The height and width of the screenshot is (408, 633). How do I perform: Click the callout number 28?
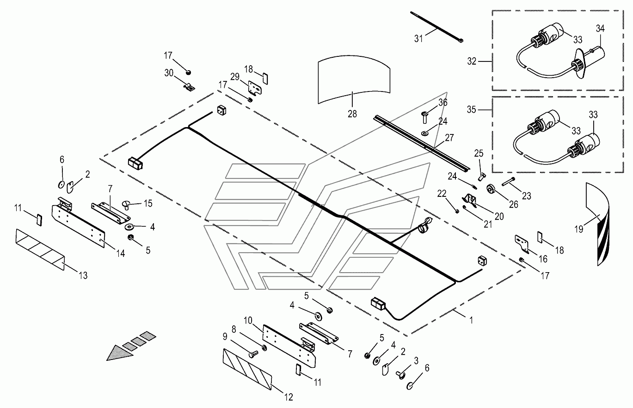coord(352,114)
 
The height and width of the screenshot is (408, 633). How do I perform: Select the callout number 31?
coord(418,39)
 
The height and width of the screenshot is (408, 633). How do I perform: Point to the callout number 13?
coord(83,276)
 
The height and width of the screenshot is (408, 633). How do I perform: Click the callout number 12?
coord(289,396)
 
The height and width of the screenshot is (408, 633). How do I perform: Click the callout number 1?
coord(472,320)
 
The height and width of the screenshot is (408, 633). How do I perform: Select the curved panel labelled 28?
coord(354,79)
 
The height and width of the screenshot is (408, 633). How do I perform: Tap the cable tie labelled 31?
coord(437,27)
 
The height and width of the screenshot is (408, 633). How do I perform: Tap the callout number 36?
coord(443,103)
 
